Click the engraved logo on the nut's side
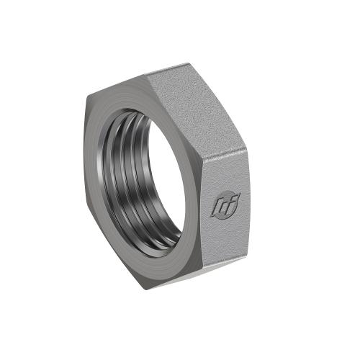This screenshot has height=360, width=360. tap(225, 204)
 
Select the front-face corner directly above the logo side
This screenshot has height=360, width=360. tap(201, 156)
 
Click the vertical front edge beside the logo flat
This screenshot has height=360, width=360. tap(202, 209)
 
